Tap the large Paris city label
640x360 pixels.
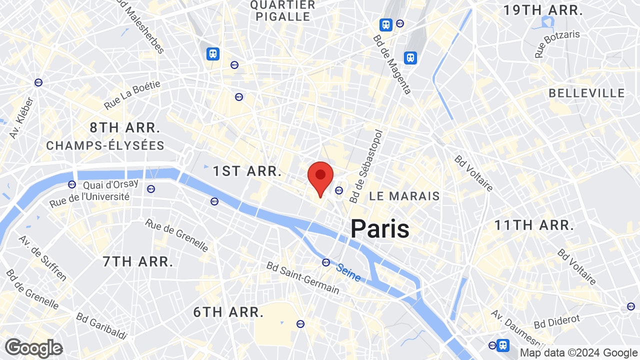click(379, 229)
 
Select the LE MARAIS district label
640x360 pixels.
click(404, 196)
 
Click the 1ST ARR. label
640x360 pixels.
click(247, 171)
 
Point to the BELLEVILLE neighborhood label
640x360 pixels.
click(586, 93)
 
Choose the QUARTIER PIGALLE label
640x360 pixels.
click(282, 10)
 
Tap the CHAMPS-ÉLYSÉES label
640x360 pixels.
click(105, 145)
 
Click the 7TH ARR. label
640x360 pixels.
click(138, 261)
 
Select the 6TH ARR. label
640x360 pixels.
click(228, 312)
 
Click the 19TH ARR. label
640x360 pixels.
click(543, 10)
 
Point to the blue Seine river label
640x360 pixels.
click(348, 272)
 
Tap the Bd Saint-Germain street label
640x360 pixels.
click(302, 278)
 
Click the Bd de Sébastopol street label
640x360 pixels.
click(366, 166)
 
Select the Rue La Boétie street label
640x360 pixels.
click(132, 95)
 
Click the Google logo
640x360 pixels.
click(33, 348)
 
